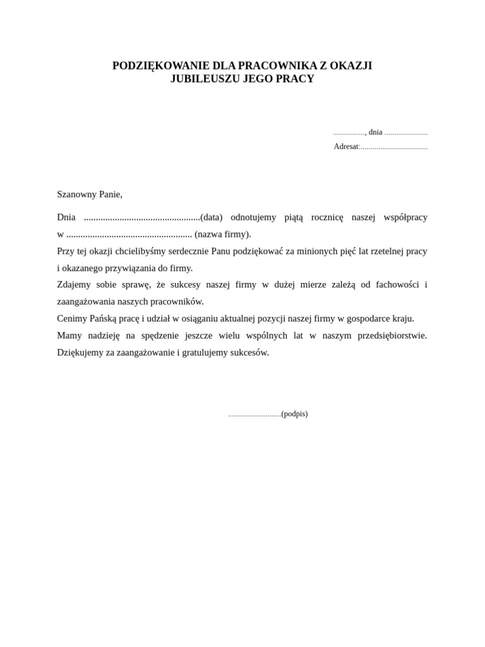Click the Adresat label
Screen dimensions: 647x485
click(x=346, y=147)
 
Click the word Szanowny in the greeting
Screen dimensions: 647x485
click(x=76, y=195)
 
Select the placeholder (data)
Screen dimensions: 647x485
click(x=212, y=217)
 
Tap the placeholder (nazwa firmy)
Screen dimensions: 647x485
click(x=223, y=234)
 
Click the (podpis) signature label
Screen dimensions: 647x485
click(x=295, y=414)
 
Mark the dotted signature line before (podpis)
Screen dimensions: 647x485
click(x=254, y=415)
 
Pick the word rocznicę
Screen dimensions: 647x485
click(x=327, y=217)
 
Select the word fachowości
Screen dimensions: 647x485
click(x=397, y=285)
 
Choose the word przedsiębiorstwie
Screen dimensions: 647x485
click(x=392, y=336)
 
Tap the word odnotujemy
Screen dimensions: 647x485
click(x=253, y=217)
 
